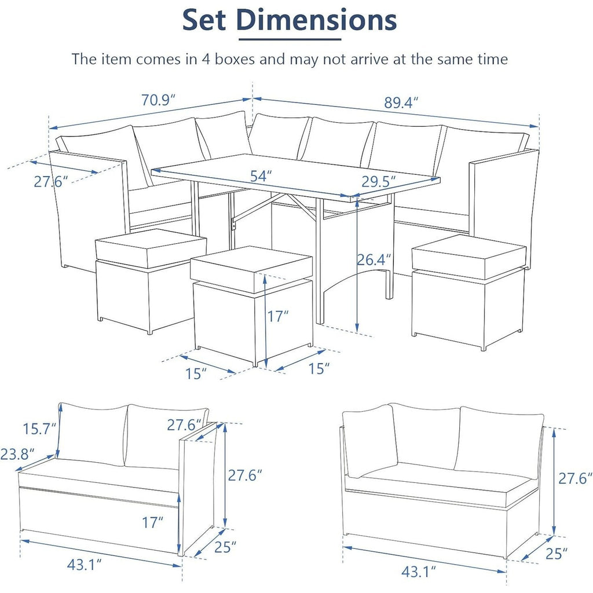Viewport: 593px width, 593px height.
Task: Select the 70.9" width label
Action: click(158, 100)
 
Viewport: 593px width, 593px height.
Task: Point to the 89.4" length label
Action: click(401, 103)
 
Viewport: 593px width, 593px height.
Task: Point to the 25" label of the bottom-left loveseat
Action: click(225, 547)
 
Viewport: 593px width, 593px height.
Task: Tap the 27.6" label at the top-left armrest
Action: click(50, 181)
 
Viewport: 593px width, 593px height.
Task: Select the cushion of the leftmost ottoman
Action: click(150, 247)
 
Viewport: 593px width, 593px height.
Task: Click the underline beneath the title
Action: click(290, 39)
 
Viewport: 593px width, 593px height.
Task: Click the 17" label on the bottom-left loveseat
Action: click(153, 522)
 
